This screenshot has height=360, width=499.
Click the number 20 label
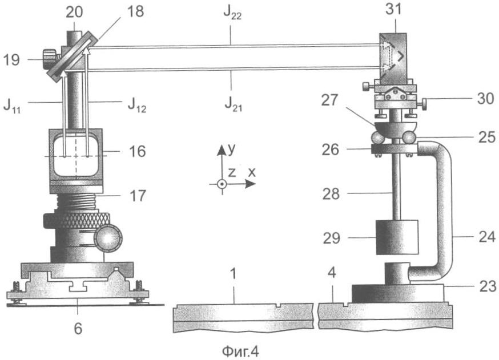[x=74, y=13]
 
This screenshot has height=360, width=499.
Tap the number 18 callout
[x=135, y=11]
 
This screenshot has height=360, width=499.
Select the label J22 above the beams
[x=232, y=13]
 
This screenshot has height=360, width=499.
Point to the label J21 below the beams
[x=234, y=104]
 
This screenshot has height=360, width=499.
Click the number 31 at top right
[x=394, y=9]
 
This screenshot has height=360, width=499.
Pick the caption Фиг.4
[x=240, y=351]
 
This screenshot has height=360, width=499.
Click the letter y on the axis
[x=232, y=149]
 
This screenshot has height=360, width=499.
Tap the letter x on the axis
[x=252, y=172]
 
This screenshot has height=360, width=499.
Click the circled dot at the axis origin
[x=222, y=184]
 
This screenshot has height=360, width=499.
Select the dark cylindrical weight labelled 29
[x=397, y=237]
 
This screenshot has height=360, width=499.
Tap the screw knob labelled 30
[x=424, y=103]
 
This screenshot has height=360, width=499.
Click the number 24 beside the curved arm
[x=487, y=237]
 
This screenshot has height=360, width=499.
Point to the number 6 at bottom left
[x=78, y=328]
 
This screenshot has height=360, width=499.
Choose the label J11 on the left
[x=12, y=106]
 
